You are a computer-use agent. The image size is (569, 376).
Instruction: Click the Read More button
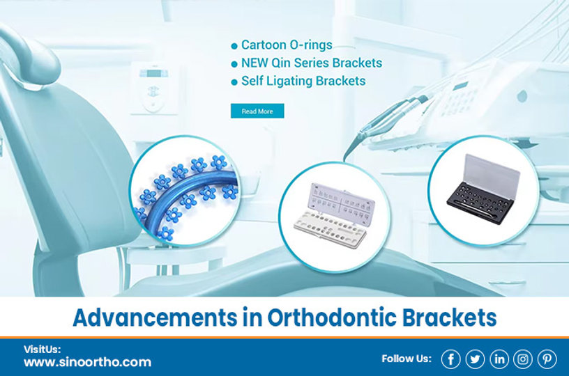257,111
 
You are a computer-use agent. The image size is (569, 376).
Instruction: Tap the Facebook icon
450,359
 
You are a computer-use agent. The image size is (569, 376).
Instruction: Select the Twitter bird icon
475,359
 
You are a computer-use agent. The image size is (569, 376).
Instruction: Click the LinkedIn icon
499,359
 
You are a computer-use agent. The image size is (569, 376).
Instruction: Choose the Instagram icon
523,359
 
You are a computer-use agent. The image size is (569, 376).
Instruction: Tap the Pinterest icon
547,359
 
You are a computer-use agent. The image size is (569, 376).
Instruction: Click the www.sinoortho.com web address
87,362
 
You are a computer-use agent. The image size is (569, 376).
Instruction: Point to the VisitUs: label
43,349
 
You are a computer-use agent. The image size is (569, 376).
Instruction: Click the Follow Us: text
407,359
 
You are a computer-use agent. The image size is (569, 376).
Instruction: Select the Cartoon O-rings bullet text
286,45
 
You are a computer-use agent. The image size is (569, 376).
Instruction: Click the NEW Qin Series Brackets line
311,63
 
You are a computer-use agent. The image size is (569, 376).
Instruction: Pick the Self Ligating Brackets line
303,81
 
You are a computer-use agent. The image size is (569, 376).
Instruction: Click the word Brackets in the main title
449,318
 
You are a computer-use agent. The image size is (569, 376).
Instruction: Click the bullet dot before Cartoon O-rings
234,46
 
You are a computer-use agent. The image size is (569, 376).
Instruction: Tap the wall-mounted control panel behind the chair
152,87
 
